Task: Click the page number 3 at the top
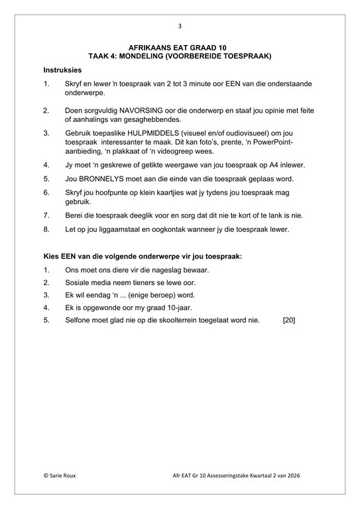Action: [x=180, y=27]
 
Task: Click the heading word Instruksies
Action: [x=62, y=70]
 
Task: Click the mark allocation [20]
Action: [x=289, y=320]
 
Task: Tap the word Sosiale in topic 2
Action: [x=80, y=282]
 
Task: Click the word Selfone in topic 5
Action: [x=80, y=320]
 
